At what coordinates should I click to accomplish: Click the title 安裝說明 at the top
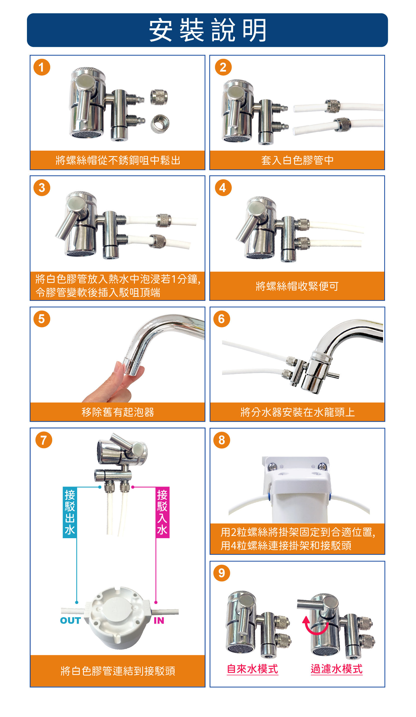pos(208,30)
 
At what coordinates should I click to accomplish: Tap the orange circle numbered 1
pos(42,67)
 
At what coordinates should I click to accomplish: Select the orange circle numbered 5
pos(42,319)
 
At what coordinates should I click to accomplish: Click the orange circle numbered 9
pos(222,573)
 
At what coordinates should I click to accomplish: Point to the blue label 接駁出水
pos(70,512)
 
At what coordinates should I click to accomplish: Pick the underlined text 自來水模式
pos(252,669)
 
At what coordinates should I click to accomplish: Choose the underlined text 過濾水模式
pos(337,669)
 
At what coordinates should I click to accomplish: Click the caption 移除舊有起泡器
pos(118,412)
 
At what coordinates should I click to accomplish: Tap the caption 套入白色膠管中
pos(297,160)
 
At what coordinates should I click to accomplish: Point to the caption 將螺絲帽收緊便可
pos(297,286)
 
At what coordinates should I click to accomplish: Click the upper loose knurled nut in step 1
pos(159,97)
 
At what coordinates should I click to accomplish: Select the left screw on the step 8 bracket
pos(273,466)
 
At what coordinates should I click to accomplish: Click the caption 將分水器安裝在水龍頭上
pos(297,412)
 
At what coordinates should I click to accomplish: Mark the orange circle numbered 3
pos(42,188)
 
